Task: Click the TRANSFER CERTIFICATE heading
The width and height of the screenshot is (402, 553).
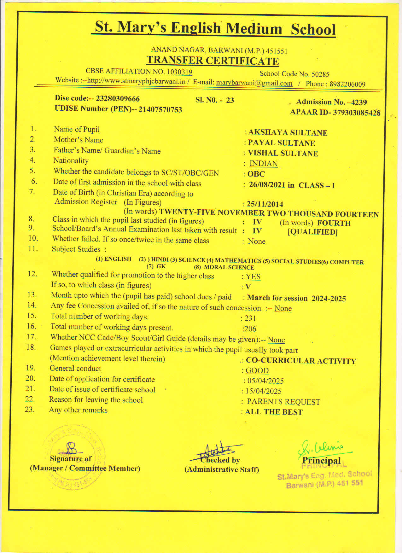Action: pos(213,61)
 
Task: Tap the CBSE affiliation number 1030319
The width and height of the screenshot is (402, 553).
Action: pos(179,72)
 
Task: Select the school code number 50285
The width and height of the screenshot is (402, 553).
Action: pos(320,74)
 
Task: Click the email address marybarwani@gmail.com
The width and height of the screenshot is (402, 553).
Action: pos(254,83)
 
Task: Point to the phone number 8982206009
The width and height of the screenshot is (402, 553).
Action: pos(347,84)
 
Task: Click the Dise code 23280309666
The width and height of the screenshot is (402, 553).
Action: pos(118,99)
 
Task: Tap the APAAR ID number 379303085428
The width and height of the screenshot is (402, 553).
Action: pos(357,113)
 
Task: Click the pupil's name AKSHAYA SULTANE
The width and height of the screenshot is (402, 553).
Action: pos(288,132)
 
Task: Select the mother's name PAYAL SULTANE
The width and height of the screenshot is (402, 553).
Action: pos(281,143)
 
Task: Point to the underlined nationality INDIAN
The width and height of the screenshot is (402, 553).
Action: pos(264,164)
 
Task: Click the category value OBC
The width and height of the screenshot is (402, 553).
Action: pos(256,174)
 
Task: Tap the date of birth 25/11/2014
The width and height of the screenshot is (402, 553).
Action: pos(265,204)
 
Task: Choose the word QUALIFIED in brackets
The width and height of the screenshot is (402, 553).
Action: pos(312,232)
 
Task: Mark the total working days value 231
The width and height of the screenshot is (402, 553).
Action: pos(250,318)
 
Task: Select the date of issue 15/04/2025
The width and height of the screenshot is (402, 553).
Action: pos(263,391)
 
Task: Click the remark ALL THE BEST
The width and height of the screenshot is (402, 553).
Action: pos(274,412)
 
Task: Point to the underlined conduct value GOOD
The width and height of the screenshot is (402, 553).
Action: pos(257,371)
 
